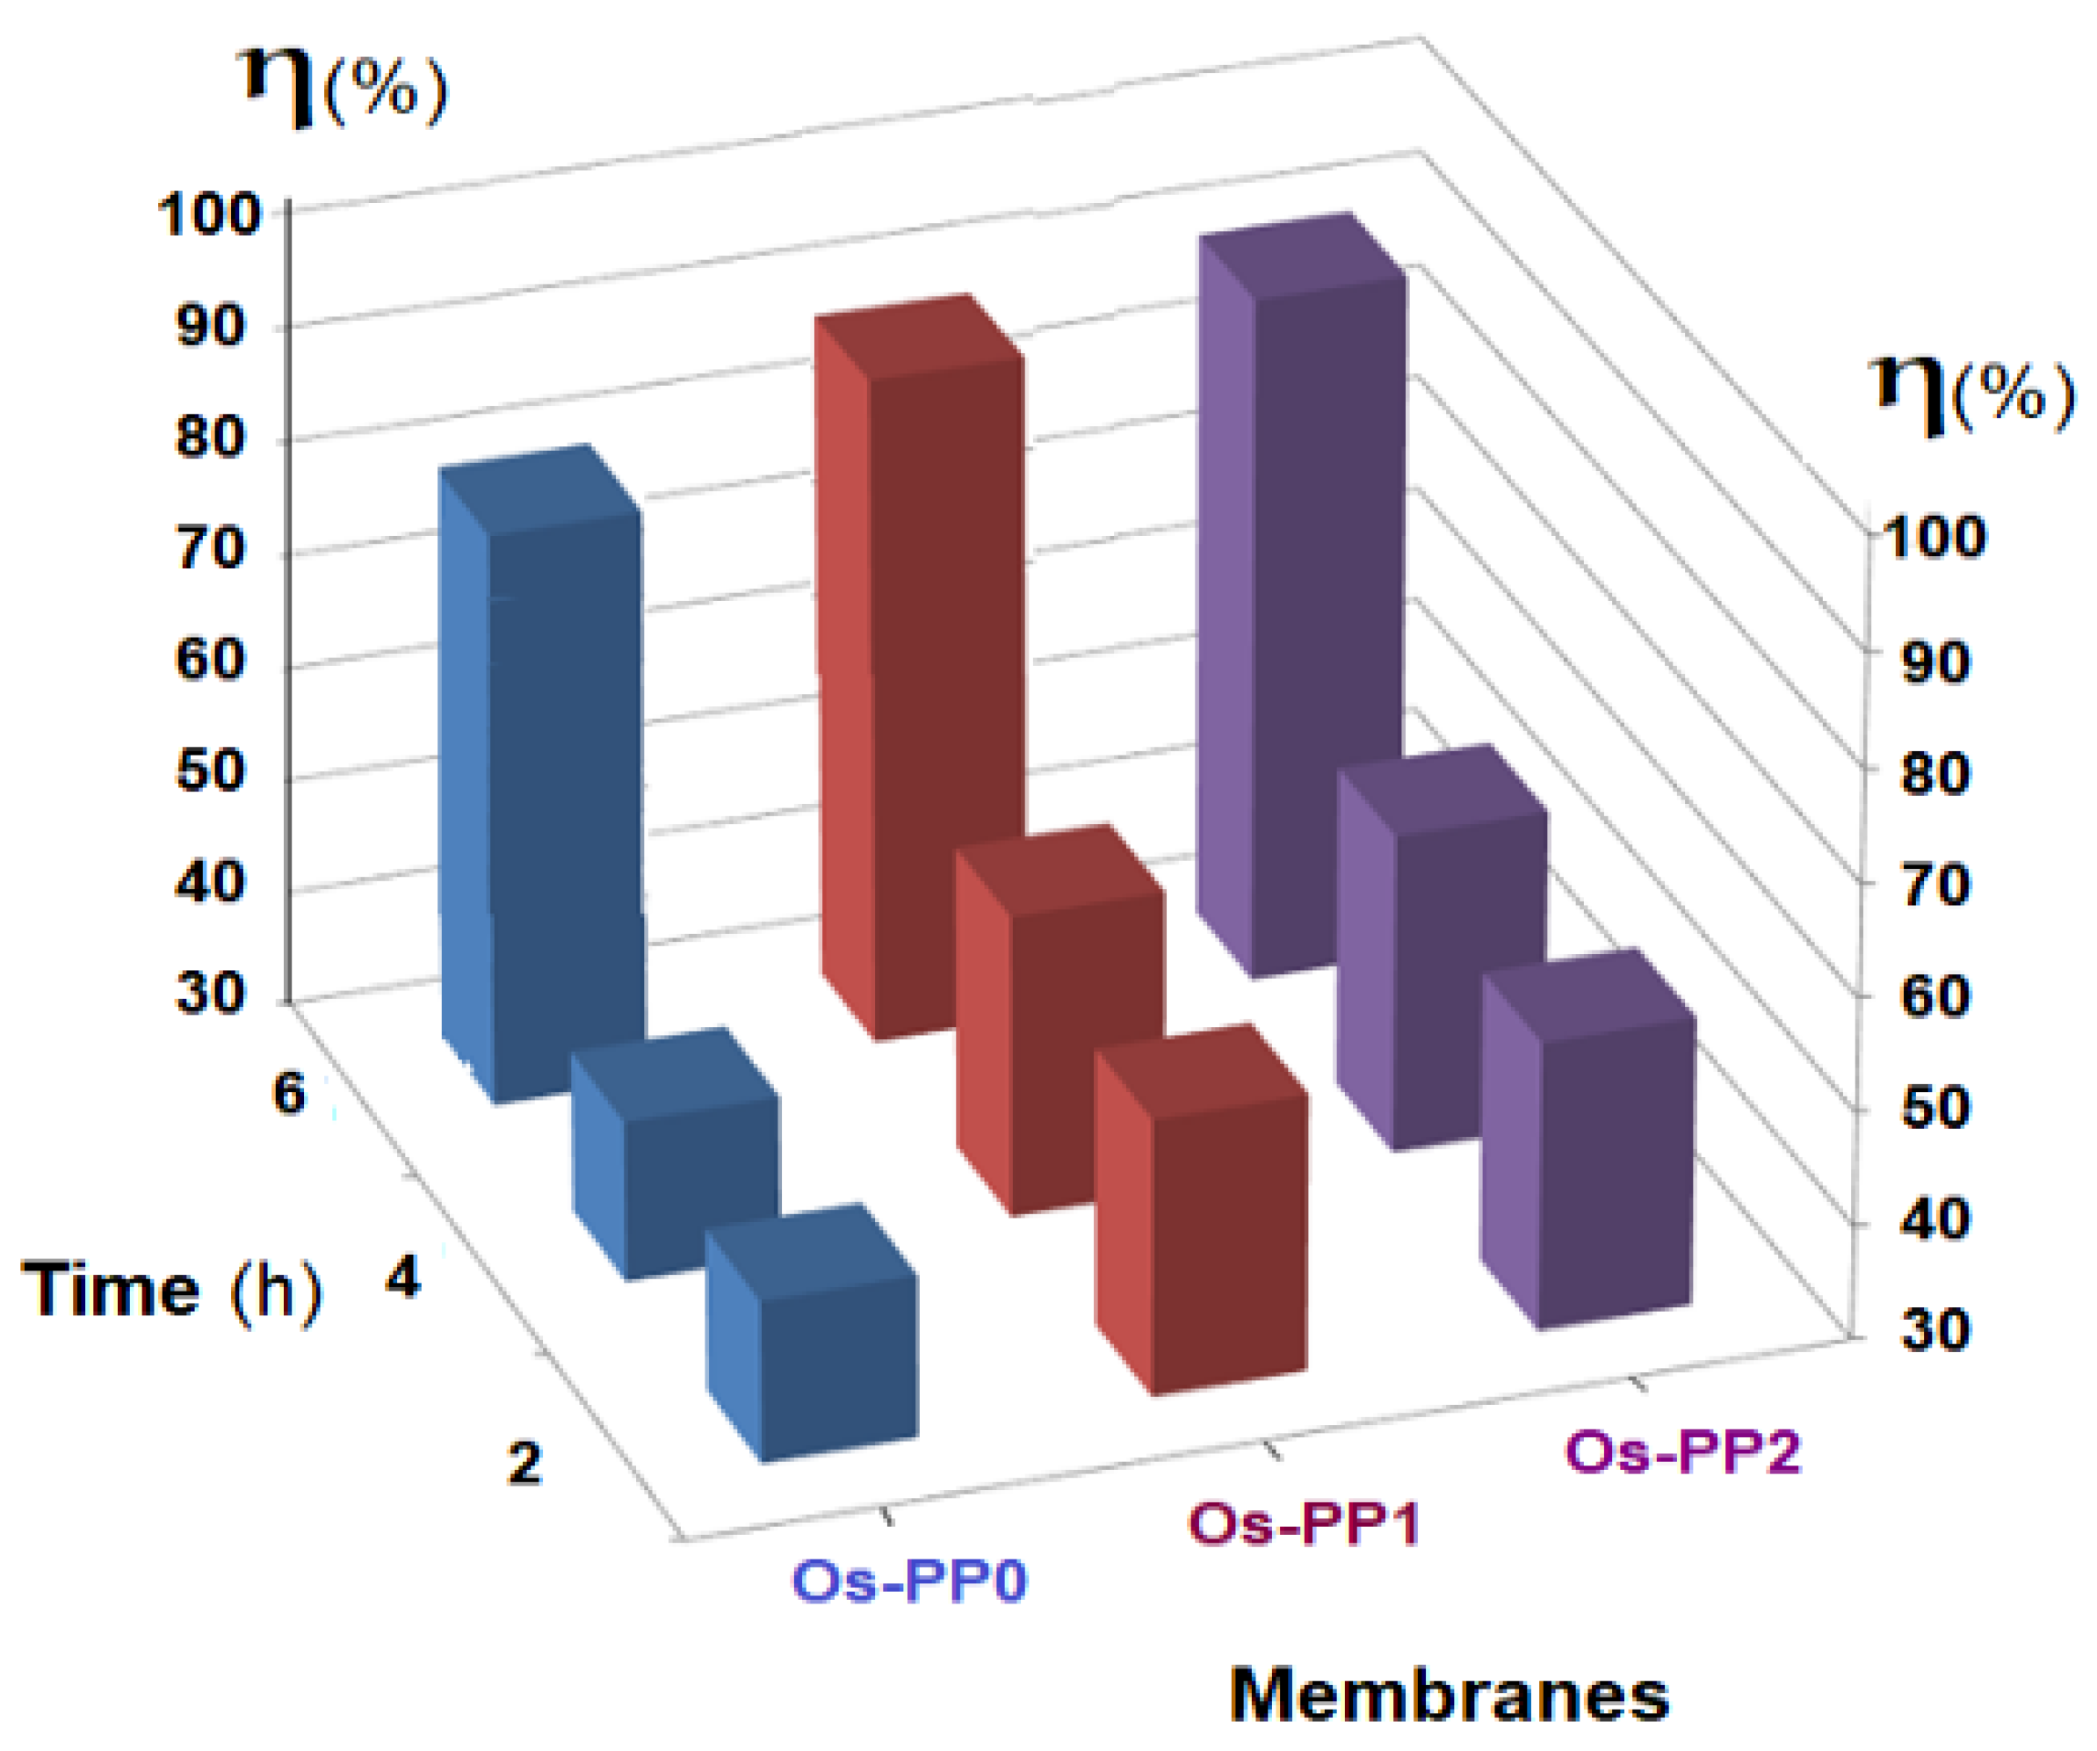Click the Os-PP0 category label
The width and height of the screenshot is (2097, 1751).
point(908,1581)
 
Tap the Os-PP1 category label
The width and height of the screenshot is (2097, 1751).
point(1303,1523)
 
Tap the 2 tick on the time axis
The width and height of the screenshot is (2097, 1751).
point(525,1464)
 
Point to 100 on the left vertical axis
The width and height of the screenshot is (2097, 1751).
point(209,214)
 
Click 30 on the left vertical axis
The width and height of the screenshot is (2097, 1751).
point(211,994)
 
